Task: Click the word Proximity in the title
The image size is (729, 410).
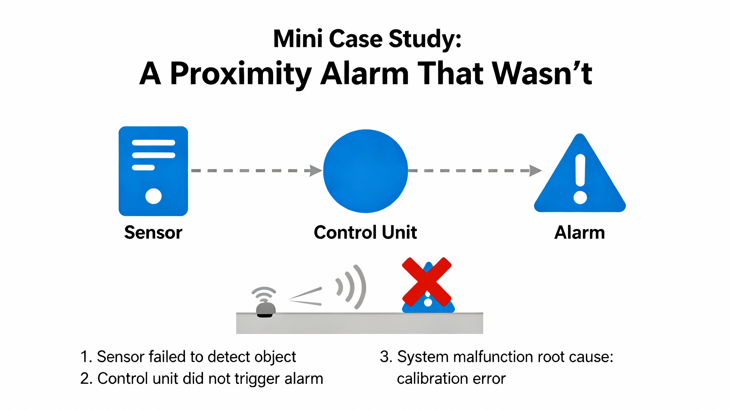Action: [241, 74]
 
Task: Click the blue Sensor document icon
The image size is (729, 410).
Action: [153, 171]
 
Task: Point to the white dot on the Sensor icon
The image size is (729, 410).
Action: [153, 196]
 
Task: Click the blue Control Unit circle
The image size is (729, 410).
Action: [366, 171]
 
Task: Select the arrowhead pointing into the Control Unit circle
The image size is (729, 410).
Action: [316, 171]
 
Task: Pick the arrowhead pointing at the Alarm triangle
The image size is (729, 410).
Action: [535, 171]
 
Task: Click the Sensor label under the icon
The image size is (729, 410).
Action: [153, 232]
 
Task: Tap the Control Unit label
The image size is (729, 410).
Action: [365, 232]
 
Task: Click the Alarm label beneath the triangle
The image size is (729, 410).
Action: [579, 232]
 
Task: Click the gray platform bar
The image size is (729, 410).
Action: [359, 323]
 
